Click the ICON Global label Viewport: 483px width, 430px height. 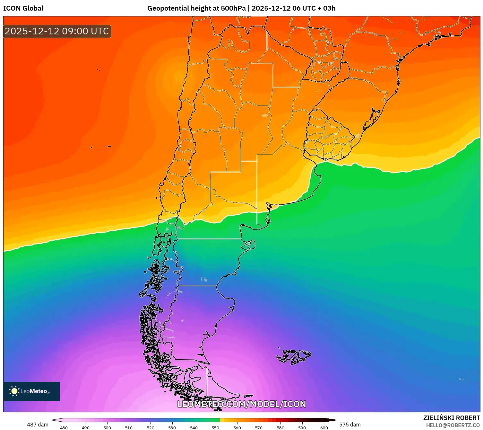point(23,8)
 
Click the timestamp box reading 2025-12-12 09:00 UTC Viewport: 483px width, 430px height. point(57,31)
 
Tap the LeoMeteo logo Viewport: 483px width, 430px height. point(31,391)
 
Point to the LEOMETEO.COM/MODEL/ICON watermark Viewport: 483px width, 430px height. point(241,404)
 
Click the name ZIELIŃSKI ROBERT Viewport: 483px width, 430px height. point(451,418)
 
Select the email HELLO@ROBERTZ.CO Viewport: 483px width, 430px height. point(453,425)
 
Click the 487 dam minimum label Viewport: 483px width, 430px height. point(38,425)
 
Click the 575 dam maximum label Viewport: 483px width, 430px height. point(350,425)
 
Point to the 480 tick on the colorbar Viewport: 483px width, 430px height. point(64,427)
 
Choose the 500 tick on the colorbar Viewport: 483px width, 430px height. point(107,427)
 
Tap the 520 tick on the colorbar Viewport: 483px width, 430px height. point(151,427)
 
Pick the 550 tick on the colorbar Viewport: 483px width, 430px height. point(215,427)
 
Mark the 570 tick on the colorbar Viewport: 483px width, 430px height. point(259,427)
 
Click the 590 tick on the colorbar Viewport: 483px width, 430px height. point(302,427)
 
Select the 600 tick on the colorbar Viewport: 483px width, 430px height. point(324,427)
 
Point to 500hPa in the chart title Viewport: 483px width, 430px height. point(233,8)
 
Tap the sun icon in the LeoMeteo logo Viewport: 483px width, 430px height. point(14,391)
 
